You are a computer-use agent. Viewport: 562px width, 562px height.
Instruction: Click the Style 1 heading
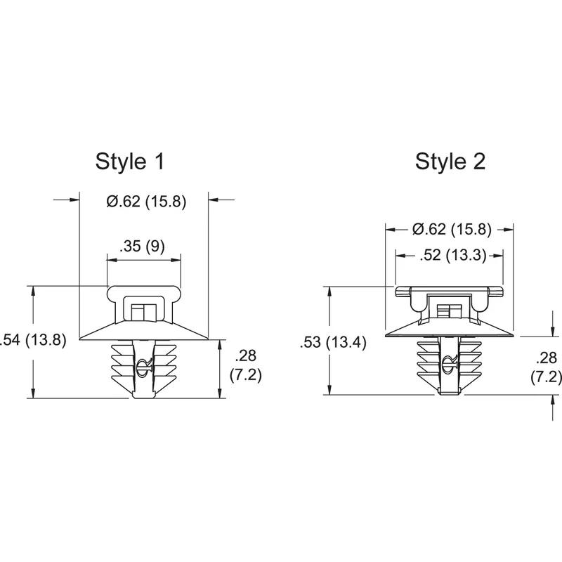tap(130, 161)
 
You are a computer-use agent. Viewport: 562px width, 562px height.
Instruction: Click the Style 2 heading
tap(450, 161)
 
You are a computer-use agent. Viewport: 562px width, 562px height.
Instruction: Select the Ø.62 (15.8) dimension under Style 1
tap(145, 202)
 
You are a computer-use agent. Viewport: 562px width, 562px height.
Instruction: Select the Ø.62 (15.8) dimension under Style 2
tap(452, 229)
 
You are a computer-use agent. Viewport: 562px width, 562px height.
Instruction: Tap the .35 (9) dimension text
tap(143, 247)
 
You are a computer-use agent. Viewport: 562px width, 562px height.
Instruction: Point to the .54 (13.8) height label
tap(34, 341)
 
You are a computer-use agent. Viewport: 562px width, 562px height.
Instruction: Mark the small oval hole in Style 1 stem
tap(145, 362)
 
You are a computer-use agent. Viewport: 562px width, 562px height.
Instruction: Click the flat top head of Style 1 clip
tap(144, 289)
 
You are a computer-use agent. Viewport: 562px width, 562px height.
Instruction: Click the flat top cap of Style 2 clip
tap(450, 290)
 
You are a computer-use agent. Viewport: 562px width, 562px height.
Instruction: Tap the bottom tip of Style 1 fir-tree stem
tap(143, 396)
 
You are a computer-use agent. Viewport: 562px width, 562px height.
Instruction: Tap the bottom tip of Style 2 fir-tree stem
tap(449, 393)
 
